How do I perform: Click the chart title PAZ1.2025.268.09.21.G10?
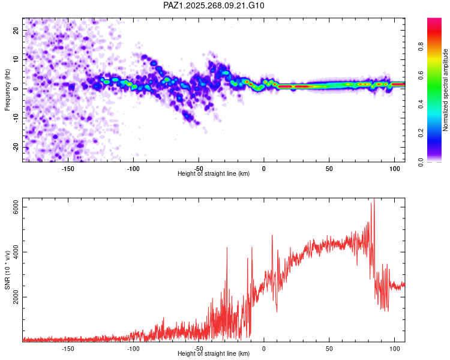[214, 5]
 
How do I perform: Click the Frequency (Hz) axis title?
[7, 89]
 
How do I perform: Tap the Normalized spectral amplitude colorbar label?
[445, 90]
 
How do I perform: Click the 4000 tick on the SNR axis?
[16, 252]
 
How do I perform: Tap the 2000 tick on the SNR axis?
[16, 297]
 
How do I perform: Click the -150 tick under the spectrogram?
[67, 169]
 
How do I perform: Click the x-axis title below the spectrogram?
[214, 174]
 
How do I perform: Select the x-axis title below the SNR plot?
[214, 354]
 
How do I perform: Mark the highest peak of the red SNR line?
[374, 199]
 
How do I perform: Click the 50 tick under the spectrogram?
[329, 169]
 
